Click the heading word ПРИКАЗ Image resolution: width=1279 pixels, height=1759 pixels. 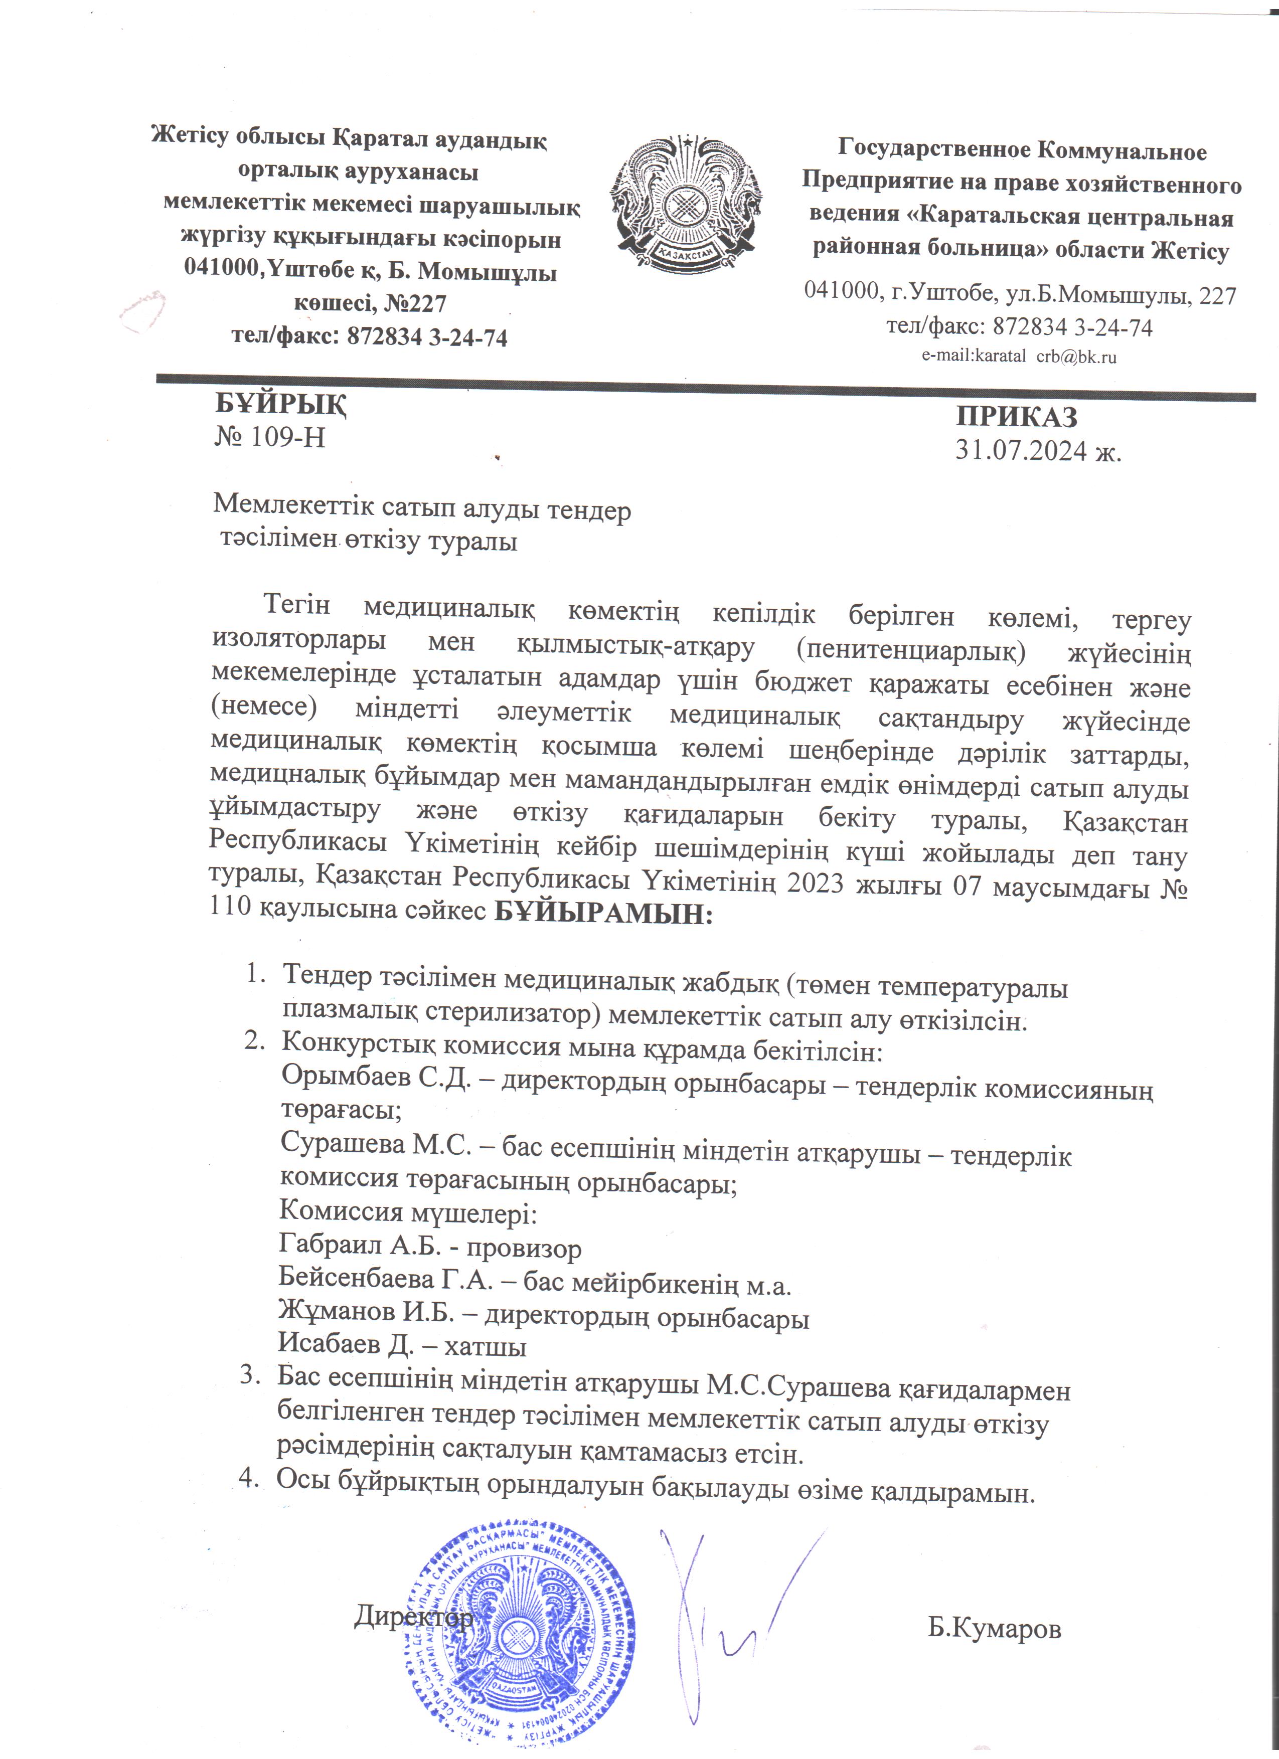[1016, 417]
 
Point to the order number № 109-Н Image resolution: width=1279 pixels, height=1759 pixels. [269, 437]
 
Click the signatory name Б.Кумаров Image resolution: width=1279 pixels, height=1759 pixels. [994, 1629]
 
